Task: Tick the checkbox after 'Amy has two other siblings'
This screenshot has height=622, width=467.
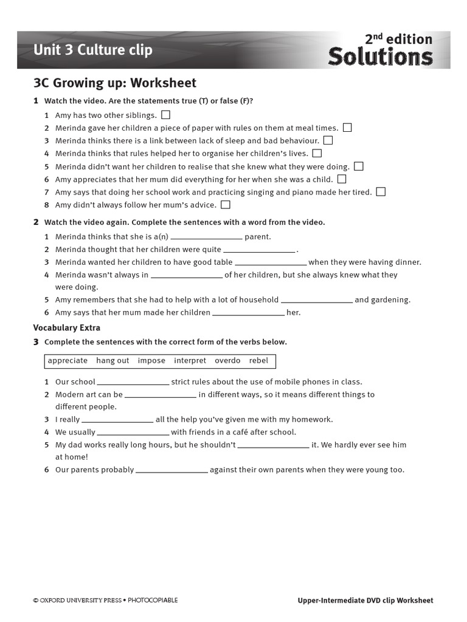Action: pos(166,114)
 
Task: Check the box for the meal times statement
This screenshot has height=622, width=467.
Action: pos(347,128)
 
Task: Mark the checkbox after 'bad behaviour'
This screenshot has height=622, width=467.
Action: pos(328,140)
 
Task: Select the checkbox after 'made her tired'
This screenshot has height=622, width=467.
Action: pos(381,191)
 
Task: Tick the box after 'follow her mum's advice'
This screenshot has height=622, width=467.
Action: pos(226,205)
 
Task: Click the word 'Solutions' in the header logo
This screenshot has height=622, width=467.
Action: pos(380,57)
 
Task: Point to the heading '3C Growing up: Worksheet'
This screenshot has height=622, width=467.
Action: pos(115,83)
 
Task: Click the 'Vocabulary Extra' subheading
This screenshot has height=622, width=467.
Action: pos(66,328)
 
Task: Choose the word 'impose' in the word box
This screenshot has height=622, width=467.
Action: pos(151,361)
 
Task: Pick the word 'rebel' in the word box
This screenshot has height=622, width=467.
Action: pos(258,361)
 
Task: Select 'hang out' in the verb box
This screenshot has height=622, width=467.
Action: pos(112,361)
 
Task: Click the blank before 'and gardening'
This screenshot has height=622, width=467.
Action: pos(316,301)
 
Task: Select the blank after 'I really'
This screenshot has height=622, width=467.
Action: pos(117,420)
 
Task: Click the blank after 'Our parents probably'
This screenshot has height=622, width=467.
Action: pos(171,471)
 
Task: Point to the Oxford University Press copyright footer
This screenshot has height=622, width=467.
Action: pos(105,600)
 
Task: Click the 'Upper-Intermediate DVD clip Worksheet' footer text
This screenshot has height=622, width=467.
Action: pos(365,600)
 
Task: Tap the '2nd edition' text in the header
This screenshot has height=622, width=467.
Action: pos(398,39)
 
